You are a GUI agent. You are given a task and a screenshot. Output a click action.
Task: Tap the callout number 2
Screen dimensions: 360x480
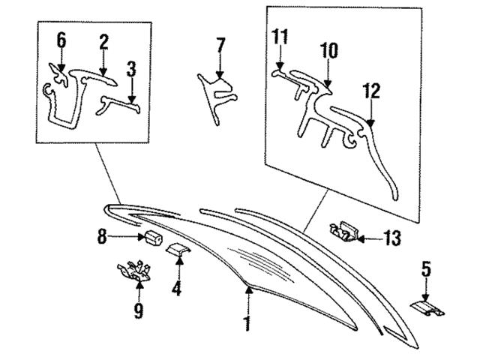(x=103, y=42)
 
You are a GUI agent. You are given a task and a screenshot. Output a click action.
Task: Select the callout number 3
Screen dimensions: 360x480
(x=131, y=71)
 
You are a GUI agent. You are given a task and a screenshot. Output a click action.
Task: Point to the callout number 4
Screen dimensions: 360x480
(x=177, y=287)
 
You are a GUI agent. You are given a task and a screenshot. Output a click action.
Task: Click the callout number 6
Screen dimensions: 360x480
(x=61, y=40)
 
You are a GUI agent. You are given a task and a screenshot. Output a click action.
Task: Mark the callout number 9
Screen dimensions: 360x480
(x=139, y=310)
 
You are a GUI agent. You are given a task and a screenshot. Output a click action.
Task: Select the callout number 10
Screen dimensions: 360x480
(x=329, y=51)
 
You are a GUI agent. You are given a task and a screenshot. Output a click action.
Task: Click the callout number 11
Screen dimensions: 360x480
(x=280, y=36)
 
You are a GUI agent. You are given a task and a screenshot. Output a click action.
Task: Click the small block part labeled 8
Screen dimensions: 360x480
(x=154, y=239)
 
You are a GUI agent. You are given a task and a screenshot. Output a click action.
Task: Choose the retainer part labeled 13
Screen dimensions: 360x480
(x=345, y=229)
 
